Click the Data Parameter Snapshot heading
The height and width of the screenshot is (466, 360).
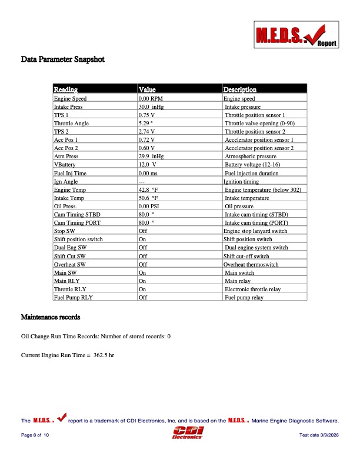click(x=63, y=59)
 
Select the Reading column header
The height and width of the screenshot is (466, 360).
click(x=66, y=90)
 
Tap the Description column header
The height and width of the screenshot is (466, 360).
click(x=239, y=90)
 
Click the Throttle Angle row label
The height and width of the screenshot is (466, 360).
click(x=71, y=124)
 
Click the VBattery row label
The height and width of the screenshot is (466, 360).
click(x=65, y=165)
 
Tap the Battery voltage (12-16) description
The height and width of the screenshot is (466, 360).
click(x=251, y=165)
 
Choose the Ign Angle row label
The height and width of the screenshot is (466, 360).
click(x=66, y=182)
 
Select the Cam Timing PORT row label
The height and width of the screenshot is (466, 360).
click(x=77, y=223)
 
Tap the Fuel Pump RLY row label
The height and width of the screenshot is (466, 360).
click(x=74, y=298)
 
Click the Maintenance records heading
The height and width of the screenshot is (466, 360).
click(x=51, y=318)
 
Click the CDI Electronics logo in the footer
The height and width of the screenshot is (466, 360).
click(x=187, y=434)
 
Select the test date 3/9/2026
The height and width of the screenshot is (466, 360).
click(x=319, y=435)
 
